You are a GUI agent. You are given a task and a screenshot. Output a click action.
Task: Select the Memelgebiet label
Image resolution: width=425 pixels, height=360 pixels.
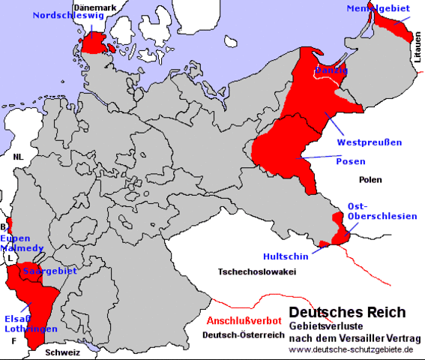tap(378, 8)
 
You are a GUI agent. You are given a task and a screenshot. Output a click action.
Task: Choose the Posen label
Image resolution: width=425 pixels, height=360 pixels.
tap(351, 161)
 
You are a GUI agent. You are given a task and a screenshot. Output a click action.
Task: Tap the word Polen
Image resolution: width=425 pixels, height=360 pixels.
tap(370, 180)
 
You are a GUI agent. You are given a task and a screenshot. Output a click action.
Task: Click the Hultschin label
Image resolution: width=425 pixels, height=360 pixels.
tap(283, 255)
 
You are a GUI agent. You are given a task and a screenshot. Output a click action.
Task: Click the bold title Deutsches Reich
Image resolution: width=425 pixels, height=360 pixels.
tap(348, 311)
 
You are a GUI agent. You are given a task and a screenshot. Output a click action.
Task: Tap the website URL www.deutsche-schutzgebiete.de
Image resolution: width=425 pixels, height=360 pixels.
tap(351, 350)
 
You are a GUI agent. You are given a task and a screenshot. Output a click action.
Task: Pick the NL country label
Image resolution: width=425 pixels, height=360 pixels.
tap(17, 157)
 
